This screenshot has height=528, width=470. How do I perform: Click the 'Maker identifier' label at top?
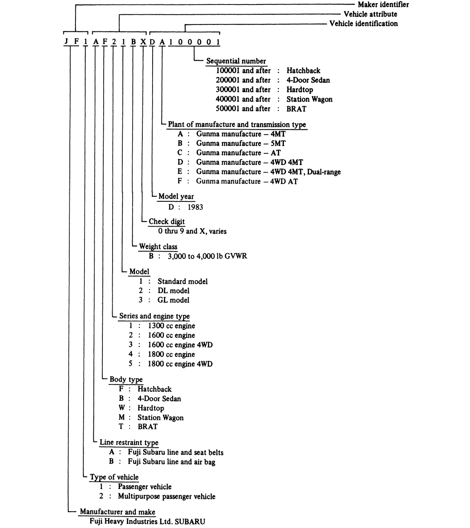click(x=383, y=5)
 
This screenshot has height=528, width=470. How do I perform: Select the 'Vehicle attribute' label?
click(x=370, y=14)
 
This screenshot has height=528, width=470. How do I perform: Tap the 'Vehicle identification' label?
click(x=363, y=24)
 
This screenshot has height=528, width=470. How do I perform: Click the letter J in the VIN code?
click(x=66, y=42)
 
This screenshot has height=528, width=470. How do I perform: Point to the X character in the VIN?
click(x=142, y=42)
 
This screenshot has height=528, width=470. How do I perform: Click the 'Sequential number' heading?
click(x=236, y=61)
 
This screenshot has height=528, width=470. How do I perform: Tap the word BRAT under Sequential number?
click(x=296, y=109)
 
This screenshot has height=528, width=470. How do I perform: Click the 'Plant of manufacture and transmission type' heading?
click(x=237, y=125)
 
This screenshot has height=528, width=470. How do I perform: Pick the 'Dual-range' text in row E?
click(x=324, y=172)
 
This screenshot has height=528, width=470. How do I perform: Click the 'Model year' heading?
click(x=176, y=197)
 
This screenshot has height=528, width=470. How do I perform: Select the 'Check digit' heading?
click(x=166, y=222)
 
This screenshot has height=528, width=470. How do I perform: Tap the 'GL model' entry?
click(x=173, y=300)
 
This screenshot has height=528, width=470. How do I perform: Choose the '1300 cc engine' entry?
click(x=171, y=326)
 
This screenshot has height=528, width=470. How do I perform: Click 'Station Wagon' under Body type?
click(x=160, y=418)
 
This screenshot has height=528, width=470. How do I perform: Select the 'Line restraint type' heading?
click(x=129, y=443)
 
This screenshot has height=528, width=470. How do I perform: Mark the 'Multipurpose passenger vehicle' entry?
click(x=166, y=497)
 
